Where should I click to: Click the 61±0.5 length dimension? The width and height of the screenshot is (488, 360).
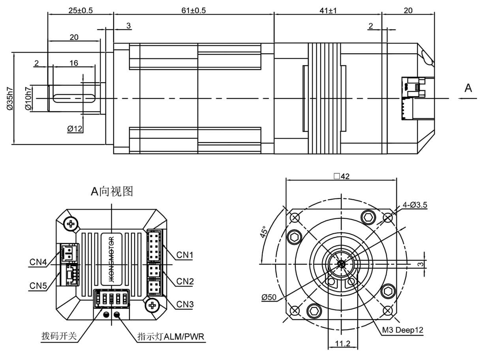tap(193, 11)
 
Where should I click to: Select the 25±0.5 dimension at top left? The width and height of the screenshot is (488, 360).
tap(80, 11)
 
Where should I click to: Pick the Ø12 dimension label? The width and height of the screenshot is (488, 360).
tap(75, 128)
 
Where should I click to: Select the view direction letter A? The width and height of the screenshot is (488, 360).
tap(468, 88)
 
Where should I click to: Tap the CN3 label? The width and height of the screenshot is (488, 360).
tap(184, 304)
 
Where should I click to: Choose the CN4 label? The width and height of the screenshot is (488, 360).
tap(38, 262)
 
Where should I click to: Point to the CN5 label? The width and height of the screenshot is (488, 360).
tap(38, 285)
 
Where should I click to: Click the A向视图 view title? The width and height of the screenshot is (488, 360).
tap(112, 191)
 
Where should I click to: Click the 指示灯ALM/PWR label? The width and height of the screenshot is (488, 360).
tap(171, 337)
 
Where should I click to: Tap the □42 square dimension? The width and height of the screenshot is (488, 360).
tap(342, 176)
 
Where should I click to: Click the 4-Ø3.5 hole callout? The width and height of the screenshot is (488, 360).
tap(415, 204)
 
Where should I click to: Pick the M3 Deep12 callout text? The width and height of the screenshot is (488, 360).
tap(402, 330)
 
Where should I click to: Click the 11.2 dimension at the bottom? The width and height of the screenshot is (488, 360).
tap(342, 343)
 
